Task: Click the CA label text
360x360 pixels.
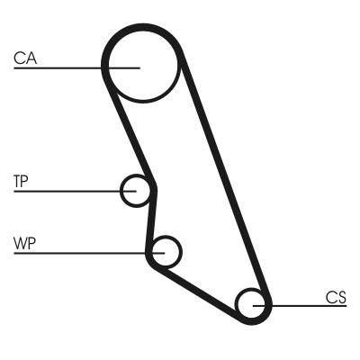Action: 25,58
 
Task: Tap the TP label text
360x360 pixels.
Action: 21,182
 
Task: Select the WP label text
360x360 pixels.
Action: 24,243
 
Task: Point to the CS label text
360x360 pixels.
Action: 336,297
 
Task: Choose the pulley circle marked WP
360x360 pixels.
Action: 181,252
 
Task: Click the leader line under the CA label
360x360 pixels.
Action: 76,68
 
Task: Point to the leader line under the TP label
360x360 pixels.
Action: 75,191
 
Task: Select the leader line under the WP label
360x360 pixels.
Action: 89,253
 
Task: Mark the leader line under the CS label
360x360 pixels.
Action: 300,306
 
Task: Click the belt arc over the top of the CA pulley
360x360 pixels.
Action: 143,27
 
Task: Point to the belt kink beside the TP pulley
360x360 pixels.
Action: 154,187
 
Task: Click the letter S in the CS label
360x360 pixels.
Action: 342,297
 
